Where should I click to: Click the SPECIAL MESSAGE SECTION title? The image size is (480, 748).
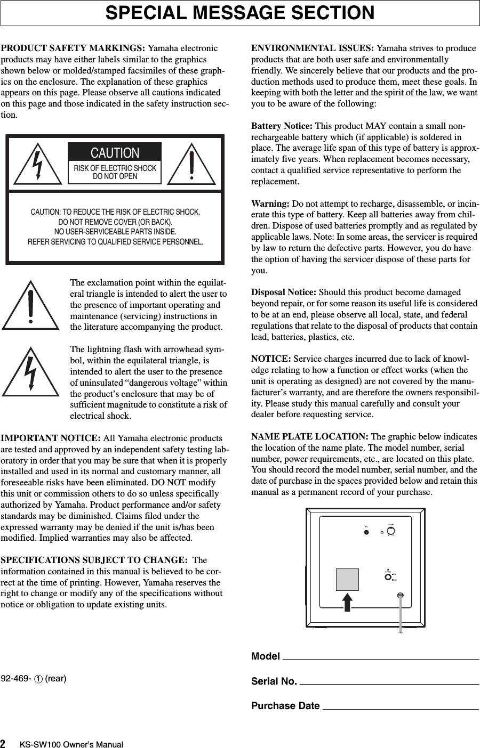(240, 13)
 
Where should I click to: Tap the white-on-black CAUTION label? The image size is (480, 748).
(115, 152)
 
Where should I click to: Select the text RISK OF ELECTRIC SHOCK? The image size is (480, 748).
(115, 168)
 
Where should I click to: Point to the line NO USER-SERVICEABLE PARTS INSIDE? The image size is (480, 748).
(115, 232)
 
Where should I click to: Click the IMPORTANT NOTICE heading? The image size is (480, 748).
(51, 438)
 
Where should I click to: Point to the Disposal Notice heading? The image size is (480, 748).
(284, 292)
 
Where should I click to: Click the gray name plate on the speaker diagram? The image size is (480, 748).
(347, 580)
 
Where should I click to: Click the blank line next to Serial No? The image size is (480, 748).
(389, 682)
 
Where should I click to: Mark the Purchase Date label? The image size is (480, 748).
(285, 706)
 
